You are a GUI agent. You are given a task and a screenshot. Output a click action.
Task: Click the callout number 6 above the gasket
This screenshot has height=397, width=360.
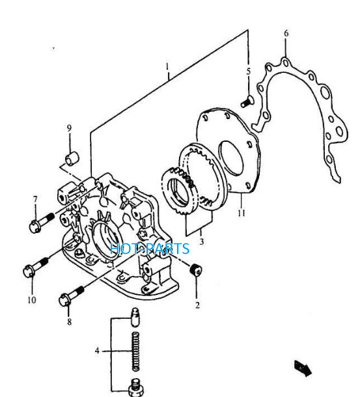(286, 33)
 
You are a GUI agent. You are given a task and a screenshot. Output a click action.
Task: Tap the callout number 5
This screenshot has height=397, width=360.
(249, 72)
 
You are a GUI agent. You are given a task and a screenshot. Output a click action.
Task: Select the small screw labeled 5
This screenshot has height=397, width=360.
(246, 102)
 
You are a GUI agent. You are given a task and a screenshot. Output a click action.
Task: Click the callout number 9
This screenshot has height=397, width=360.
(69, 128)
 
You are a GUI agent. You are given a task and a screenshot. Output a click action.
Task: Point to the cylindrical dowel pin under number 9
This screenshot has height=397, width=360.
(72, 159)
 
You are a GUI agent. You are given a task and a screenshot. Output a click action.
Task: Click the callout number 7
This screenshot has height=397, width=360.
(35, 199)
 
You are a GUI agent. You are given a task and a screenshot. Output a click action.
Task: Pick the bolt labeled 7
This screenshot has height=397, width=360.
(41, 223)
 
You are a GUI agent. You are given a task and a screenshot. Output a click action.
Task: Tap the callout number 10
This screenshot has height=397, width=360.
(32, 300)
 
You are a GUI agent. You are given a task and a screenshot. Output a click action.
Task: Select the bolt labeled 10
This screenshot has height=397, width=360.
(35, 267)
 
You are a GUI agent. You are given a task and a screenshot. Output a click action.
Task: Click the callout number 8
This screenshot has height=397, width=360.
(69, 322)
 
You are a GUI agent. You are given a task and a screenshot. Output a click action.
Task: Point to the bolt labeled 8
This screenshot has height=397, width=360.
(71, 296)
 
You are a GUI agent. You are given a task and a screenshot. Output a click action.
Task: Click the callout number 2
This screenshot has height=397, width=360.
(198, 305)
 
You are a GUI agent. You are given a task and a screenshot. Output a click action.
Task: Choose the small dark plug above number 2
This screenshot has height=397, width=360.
(196, 269)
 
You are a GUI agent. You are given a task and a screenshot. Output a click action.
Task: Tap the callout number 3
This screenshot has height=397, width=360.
(201, 242)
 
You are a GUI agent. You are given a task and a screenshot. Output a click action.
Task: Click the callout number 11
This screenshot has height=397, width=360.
(242, 213)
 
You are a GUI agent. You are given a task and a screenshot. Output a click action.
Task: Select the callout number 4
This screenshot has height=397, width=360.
(97, 351)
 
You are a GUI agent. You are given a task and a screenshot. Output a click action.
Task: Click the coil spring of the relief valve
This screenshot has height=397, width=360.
(136, 351)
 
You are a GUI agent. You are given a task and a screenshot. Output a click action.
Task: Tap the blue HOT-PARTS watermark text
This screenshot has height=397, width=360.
(150, 249)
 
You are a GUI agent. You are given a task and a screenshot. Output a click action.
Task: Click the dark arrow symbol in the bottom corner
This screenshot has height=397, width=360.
(303, 368)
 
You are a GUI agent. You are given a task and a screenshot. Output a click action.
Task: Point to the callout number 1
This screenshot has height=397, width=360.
(167, 67)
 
